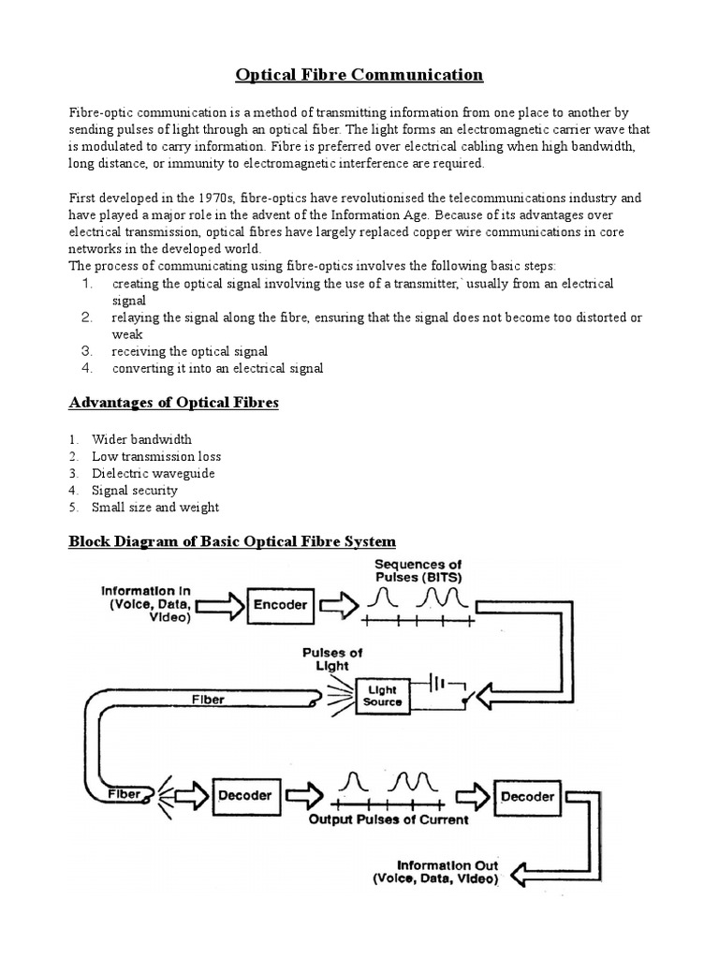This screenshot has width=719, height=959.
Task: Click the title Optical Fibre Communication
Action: click(x=359, y=75)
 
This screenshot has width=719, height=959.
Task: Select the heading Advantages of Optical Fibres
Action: click(x=173, y=404)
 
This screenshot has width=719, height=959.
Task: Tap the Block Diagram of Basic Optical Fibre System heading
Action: click(x=233, y=542)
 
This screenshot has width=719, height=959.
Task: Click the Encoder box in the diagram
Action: click(x=280, y=605)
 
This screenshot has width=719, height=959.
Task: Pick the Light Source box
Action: click(x=382, y=694)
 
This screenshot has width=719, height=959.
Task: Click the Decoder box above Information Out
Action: click(x=527, y=797)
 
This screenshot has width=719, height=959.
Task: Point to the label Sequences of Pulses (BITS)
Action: click(x=418, y=570)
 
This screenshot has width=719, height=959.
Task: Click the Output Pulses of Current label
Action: click(x=389, y=820)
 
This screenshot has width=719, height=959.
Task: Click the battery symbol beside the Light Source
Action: click(x=446, y=683)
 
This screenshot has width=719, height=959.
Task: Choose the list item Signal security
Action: click(x=134, y=491)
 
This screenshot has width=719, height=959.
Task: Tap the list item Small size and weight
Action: click(x=155, y=508)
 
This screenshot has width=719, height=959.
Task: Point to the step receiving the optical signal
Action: click(x=189, y=351)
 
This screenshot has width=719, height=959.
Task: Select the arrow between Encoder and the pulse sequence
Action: click(x=331, y=605)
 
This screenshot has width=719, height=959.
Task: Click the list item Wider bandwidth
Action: click(x=141, y=439)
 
